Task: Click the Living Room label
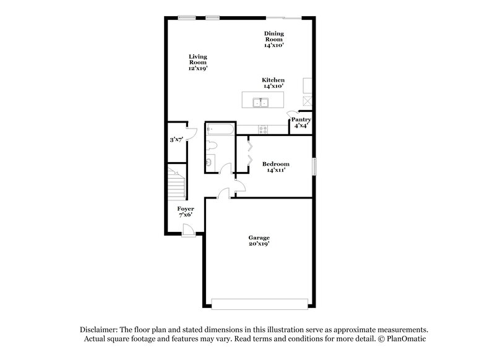(198, 59)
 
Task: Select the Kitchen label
(273, 80)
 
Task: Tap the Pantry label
(301, 119)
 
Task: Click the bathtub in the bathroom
(220, 131)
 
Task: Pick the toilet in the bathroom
(211, 146)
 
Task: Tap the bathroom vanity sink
(210, 163)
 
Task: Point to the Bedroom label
(275, 164)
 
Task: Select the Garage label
(259, 238)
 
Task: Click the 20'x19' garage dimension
(259, 244)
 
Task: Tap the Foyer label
(186, 209)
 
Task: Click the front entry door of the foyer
(189, 231)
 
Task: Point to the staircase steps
(178, 183)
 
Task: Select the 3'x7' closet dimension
(177, 140)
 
